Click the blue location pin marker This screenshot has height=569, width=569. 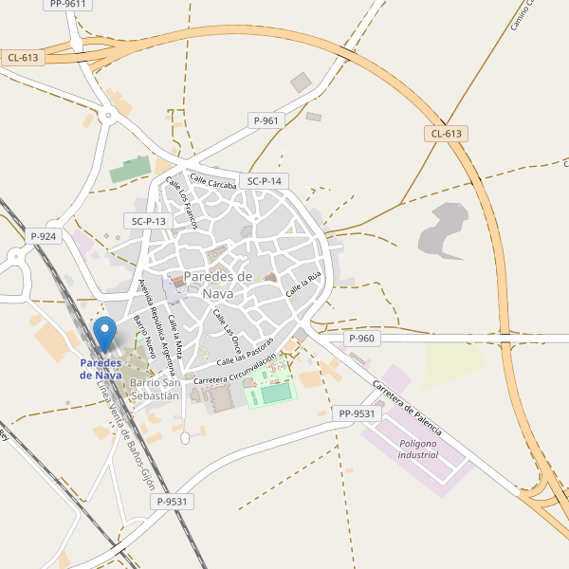(x=105, y=334)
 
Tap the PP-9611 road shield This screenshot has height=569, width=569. (x=66, y=4)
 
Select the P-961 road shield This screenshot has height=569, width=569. (x=266, y=120)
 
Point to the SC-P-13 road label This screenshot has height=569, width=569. (x=149, y=221)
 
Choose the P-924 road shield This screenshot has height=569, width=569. (x=44, y=235)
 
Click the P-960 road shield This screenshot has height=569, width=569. (x=361, y=339)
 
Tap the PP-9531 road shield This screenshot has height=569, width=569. (x=357, y=413)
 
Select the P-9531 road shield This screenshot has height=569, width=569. (x=174, y=502)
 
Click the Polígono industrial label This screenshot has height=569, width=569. (x=418, y=449)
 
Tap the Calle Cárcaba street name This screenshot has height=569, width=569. (x=212, y=180)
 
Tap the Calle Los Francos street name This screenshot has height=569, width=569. (x=181, y=203)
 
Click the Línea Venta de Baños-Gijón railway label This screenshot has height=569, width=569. (x=132, y=436)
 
